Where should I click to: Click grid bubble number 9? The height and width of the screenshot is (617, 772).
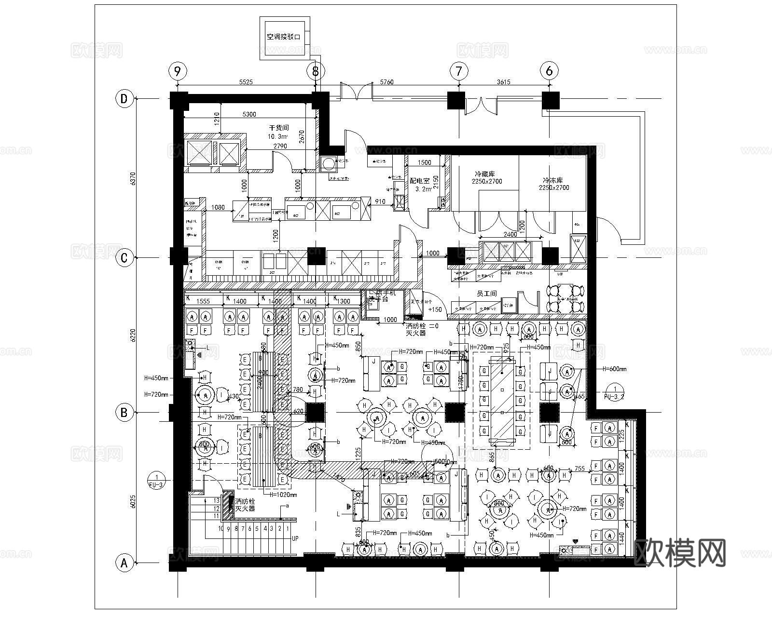[178, 71]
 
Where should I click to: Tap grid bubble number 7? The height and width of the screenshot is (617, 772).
[458, 71]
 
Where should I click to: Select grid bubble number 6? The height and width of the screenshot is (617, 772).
[549, 71]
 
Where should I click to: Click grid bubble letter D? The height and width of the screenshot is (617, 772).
[124, 99]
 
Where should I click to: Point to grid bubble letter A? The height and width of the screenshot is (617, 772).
[124, 563]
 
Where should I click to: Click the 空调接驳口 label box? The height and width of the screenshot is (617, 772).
[284, 37]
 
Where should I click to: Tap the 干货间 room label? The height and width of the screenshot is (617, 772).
[278, 128]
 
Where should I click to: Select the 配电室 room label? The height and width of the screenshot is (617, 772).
[419, 181]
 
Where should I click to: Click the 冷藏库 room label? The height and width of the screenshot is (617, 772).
[484, 174]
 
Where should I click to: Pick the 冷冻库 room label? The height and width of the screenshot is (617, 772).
[553, 180]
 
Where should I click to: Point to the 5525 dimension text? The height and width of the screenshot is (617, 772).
[246, 82]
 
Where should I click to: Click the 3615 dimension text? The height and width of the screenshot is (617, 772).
[503, 82]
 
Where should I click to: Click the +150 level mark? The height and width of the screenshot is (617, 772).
[435, 309]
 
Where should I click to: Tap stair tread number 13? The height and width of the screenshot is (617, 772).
[216, 501]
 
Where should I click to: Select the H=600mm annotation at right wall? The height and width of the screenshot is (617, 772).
[614, 369]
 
